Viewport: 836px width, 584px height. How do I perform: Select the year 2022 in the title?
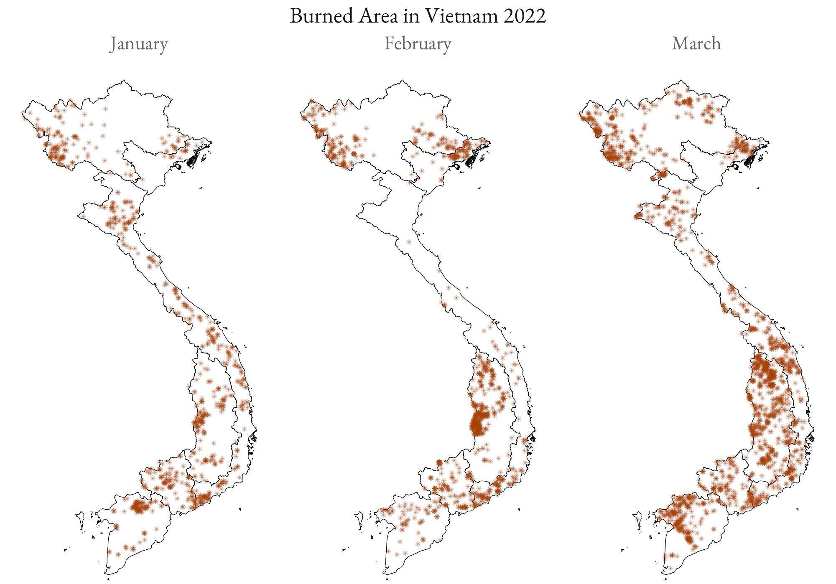coord(525,16)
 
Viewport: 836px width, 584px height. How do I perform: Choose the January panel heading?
coord(138,44)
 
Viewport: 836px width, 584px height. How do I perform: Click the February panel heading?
coord(418,44)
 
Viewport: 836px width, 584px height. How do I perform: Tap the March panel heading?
coord(696,44)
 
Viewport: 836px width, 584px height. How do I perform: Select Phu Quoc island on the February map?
coord(359,521)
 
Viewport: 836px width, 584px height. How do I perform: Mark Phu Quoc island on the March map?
coord(637,521)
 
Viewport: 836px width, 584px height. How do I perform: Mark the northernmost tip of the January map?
coord(124,80)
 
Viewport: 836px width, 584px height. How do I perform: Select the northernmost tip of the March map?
coord(681,80)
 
